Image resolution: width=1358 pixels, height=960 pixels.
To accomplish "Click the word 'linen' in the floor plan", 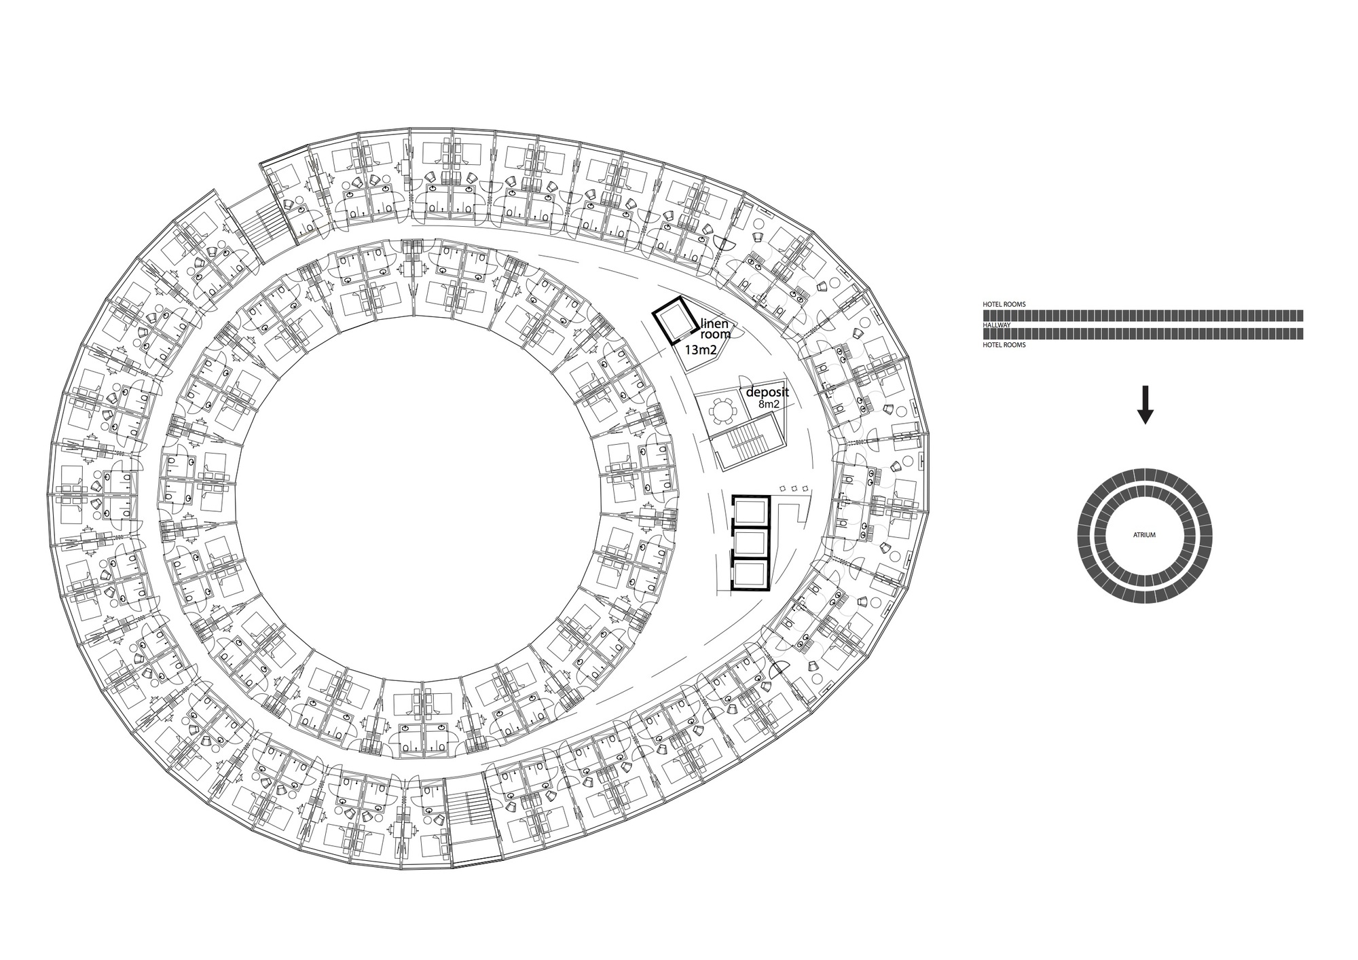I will [x=714, y=324].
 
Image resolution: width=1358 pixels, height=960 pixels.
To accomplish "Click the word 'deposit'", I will [x=767, y=393].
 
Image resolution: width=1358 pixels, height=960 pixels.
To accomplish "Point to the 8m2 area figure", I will [x=769, y=405].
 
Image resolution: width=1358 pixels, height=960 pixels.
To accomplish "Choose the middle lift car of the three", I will [x=750, y=543].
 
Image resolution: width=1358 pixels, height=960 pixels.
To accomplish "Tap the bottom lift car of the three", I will [x=750, y=574].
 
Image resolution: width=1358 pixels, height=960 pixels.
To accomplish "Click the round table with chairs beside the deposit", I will [x=721, y=411].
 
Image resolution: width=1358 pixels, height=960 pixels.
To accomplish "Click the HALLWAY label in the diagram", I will [x=997, y=325].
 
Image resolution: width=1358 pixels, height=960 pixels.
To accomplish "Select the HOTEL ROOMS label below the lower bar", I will [x=1004, y=345].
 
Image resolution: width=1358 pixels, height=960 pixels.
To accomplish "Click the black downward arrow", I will [x=1145, y=405].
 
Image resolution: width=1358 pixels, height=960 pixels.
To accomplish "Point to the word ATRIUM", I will [x=1144, y=535].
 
